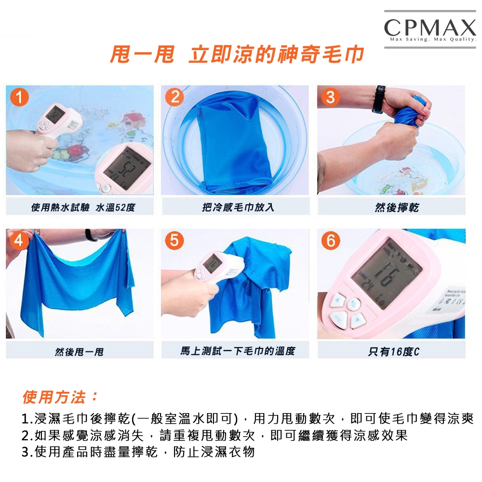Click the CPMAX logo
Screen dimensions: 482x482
(x=430, y=29)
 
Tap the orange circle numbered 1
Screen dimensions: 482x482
(x=19, y=97)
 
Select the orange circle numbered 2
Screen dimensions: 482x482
(x=174, y=97)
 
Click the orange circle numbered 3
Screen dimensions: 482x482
(x=331, y=97)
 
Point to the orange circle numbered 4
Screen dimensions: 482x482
(x=18, y=241)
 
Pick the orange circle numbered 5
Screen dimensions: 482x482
(x=174, y=241)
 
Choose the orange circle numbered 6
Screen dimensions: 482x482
(x=331, y=241)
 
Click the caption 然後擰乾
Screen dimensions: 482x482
(x=397, y=207)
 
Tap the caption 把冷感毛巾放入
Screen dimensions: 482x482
(x=238, y=207)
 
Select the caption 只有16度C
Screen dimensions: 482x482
(x=394, y=351)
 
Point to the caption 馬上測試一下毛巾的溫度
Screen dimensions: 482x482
(x=238, y=351)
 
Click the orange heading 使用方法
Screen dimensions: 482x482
(x=60, y=397)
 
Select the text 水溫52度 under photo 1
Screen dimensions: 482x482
(x=116, y=208)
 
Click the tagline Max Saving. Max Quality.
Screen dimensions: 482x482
(x=433, y=40)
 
